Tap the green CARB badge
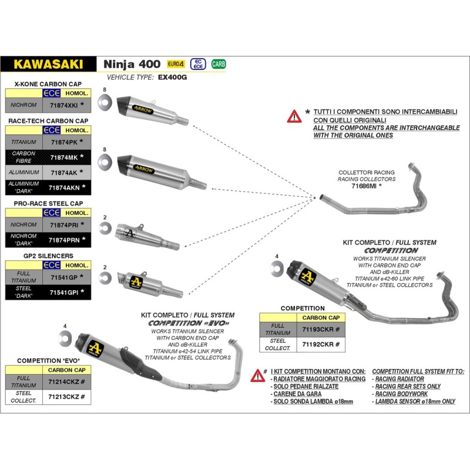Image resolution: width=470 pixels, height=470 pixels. tap(219, 63)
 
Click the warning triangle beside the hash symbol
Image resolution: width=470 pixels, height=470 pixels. tap(256, 375)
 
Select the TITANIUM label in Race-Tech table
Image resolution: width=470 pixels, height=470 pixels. tap(24, 142)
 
